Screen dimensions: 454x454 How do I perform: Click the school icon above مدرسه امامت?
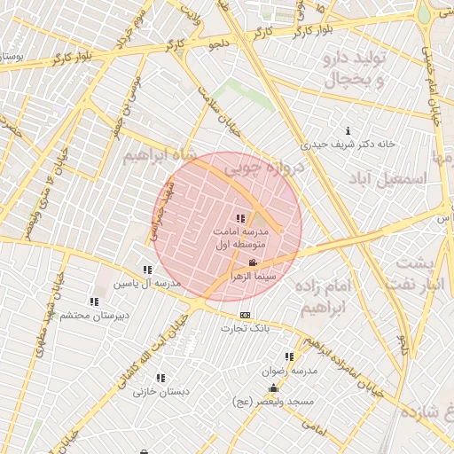pyautogui.click(x=239, y=218)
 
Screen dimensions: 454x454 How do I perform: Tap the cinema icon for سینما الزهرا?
pyautogui.click(x=253, y=262)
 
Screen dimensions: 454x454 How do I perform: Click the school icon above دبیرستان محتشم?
pyautogui.click(x=95, y=301)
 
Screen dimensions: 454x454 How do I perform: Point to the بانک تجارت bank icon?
pyautogui.click(x=245, y=315)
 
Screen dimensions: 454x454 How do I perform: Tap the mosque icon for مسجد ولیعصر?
pyautogui.click(x=273, y=387)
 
